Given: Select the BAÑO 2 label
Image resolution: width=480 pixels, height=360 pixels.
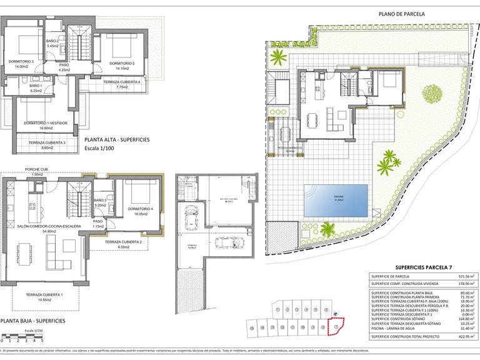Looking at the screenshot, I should click(x=52, y=41).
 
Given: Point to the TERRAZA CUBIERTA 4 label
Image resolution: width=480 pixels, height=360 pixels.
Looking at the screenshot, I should click(x=122, y=82).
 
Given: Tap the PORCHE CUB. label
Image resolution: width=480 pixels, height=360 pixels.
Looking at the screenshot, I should click(x=37, y=169).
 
